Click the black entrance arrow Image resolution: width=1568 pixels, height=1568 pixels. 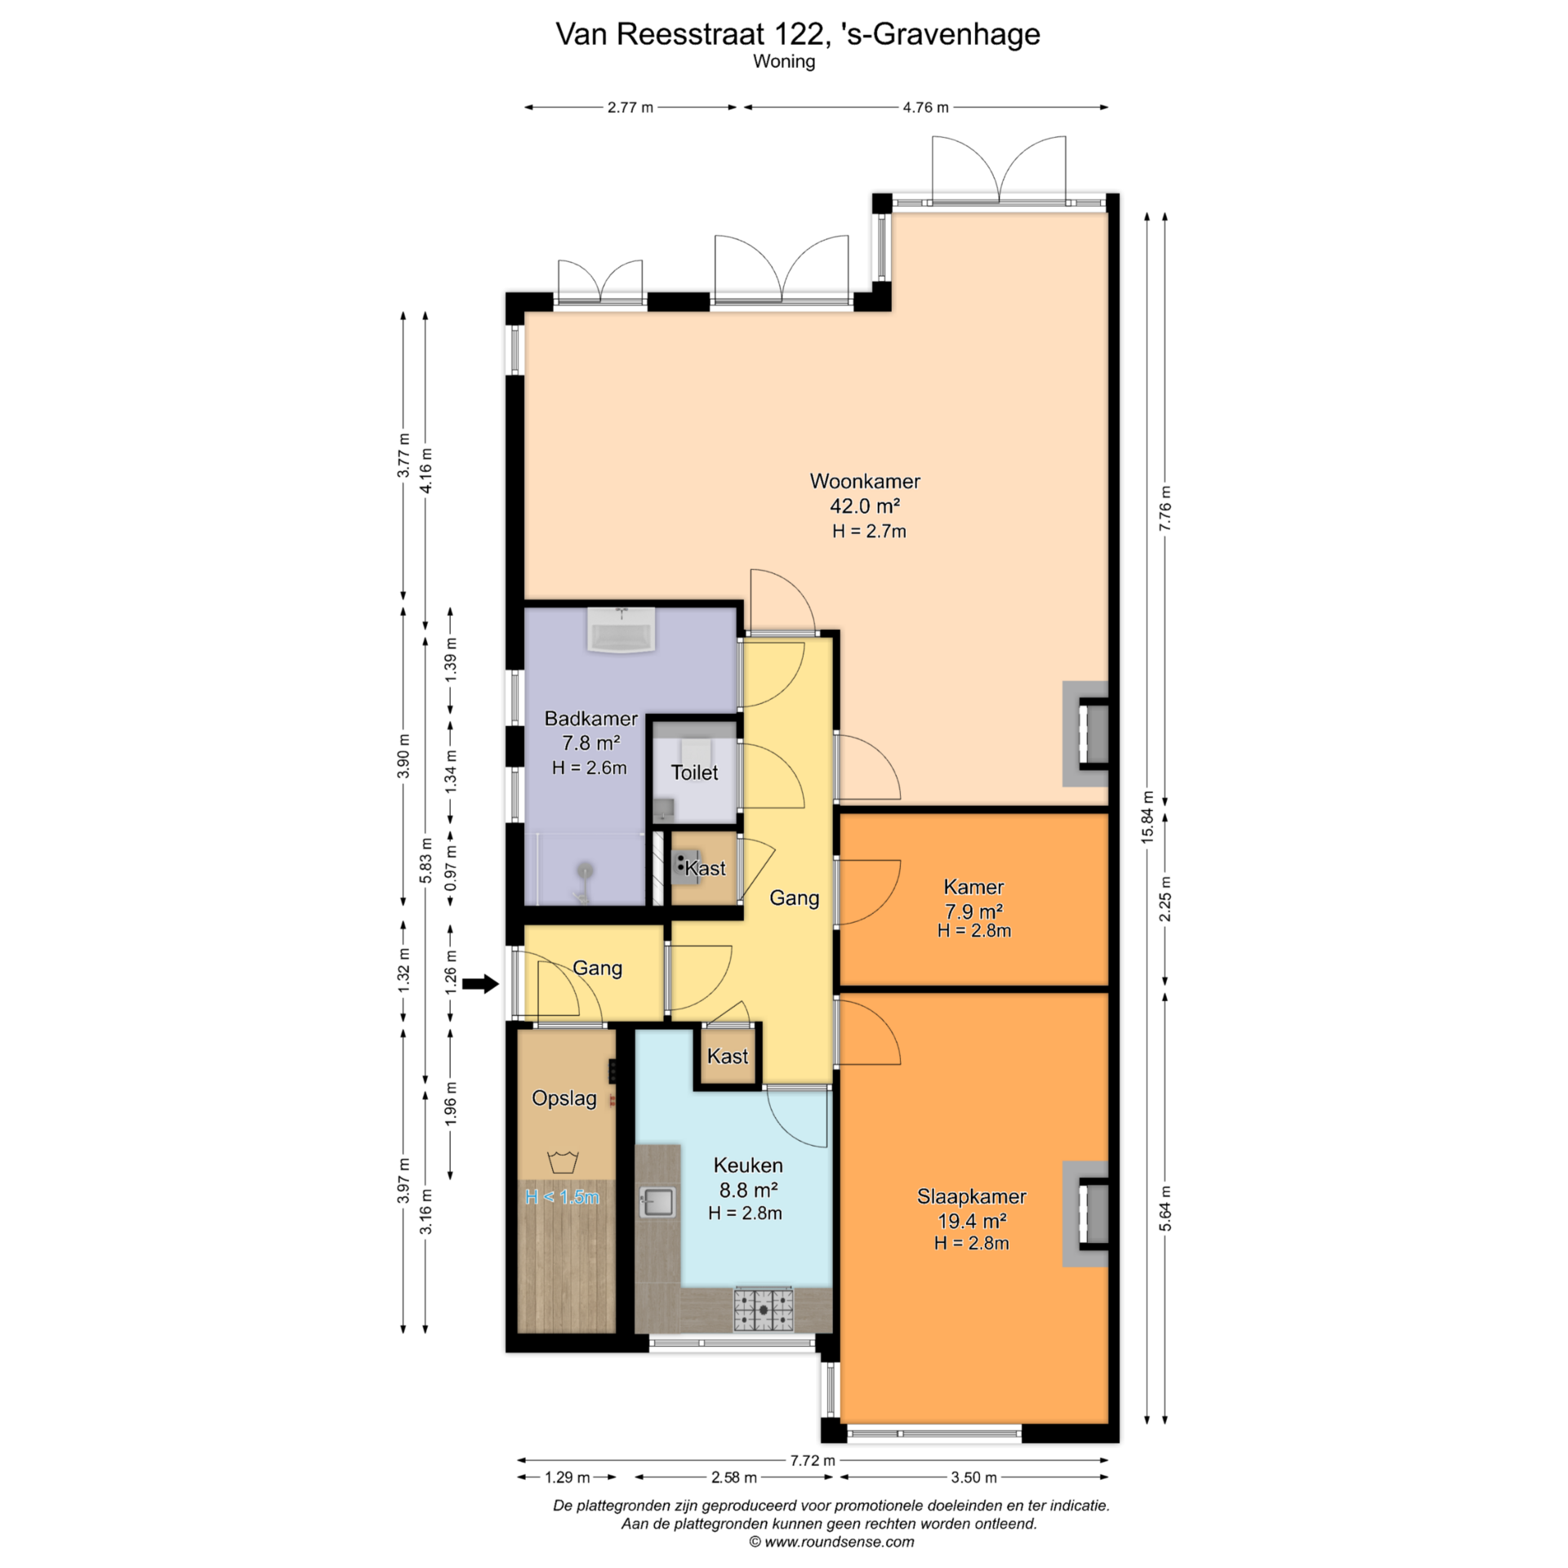[x=480, y=984]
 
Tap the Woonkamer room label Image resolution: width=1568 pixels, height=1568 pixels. [x=865, y=481]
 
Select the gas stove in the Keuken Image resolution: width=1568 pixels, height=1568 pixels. [x=764, y=1310]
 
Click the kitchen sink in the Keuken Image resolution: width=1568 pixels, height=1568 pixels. [x=657, y=1201]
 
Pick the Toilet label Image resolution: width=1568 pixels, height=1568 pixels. [x=694, y=773]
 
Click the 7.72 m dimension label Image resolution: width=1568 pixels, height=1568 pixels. [x=813, y=1459]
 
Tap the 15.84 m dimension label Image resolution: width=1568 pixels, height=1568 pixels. [x=1147, y=817]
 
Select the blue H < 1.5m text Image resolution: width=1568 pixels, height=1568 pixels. [x=562, y=1197]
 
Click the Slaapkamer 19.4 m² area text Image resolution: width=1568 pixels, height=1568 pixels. [x=972, y=1221]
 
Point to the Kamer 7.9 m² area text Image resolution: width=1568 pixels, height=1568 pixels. [x=974, y=911]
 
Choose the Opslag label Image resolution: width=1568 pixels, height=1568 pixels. [x=564, y=1098]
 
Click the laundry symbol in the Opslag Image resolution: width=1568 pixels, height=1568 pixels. [x=563, y=1161]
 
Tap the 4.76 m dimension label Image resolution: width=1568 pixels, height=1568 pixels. [x=925, y=107]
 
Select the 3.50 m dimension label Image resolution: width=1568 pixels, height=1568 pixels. [x=973, y=1477]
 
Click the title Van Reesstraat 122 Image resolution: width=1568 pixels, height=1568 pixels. [x=688, y=34]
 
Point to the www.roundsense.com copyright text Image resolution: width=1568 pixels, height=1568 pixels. [x=831, y=1542]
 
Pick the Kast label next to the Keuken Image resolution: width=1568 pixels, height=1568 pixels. [x=728, y=1056]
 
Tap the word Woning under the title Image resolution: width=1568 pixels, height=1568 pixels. [x=784, y=62]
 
